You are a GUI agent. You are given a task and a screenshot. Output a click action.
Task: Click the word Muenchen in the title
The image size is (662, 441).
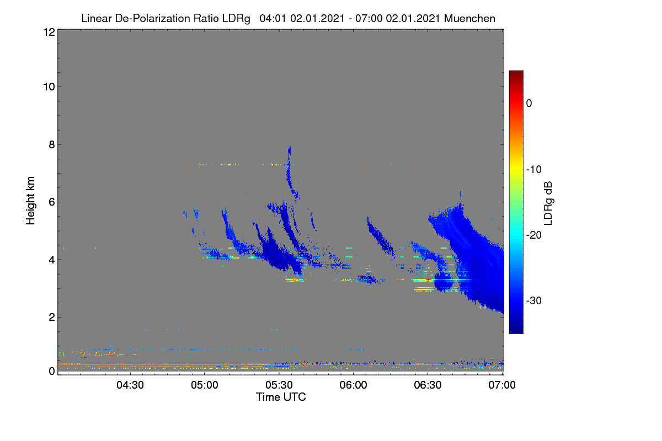point(469,19)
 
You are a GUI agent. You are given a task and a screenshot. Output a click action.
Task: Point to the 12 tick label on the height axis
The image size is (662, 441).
point(49,32)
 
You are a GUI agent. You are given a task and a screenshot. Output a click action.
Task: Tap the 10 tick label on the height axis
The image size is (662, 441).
point(49,87)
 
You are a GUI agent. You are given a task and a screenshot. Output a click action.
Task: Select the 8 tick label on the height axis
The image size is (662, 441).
point(52,144)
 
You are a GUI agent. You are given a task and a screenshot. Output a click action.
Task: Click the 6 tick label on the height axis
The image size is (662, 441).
point(52,202)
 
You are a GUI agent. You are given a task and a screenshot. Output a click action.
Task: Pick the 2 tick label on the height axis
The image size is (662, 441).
point(52,317)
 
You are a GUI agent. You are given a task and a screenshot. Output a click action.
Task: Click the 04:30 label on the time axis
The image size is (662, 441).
point(130,385)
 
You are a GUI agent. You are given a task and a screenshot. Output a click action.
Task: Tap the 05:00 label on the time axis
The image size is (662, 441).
point(205,385)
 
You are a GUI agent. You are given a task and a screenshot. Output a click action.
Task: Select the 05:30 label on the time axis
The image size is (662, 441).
point(279,385)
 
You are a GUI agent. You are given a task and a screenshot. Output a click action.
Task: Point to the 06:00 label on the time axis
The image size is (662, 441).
point(354,385)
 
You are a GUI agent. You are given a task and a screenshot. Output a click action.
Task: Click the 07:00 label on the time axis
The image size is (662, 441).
point(502,385)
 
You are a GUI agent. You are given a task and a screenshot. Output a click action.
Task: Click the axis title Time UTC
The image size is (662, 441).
point(281,397)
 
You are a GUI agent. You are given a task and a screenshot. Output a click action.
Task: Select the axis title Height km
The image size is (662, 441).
point(30,201)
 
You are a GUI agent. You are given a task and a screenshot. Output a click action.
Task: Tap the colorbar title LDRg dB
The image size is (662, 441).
point(548,203)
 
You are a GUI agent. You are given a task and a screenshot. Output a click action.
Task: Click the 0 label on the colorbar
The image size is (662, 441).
point(529,104)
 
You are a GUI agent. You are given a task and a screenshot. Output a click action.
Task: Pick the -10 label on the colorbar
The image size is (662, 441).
point(534,170)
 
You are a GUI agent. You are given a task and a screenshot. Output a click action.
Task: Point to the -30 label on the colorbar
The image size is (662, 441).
point(534,300)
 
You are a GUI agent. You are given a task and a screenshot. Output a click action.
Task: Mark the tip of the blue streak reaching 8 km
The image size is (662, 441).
point(290,146)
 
